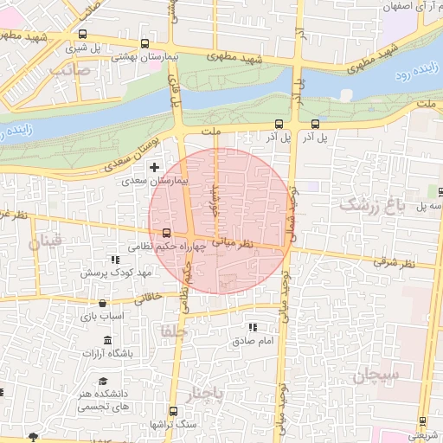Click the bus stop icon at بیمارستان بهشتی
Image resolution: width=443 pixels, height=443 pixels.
coord(144,43)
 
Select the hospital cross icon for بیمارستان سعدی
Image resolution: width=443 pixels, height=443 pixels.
coord(155,166)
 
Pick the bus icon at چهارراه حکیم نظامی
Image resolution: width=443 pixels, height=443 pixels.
coord(166,232)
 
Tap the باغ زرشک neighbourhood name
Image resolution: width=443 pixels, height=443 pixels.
coord(377,203)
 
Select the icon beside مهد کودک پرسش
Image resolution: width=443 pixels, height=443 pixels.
coord(114,259)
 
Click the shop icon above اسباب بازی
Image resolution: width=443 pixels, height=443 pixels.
coord(103,303)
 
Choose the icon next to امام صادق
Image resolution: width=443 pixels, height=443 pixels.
coord(253,327)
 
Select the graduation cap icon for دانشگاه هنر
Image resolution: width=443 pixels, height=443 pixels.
coord(103,381)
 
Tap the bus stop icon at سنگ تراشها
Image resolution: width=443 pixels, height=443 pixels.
coord(173,410)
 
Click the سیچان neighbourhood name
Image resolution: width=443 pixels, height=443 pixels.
coord(375,376)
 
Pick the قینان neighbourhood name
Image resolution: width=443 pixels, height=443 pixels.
coord(46,242)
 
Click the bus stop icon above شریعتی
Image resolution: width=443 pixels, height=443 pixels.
coord(422,422)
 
